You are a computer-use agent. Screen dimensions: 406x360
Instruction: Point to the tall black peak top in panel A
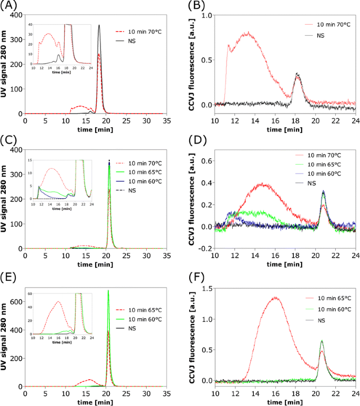point(99,25)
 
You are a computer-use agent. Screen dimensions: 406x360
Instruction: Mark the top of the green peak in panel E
point(108,290)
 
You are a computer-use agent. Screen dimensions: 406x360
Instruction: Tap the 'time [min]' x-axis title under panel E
point(95,402)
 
